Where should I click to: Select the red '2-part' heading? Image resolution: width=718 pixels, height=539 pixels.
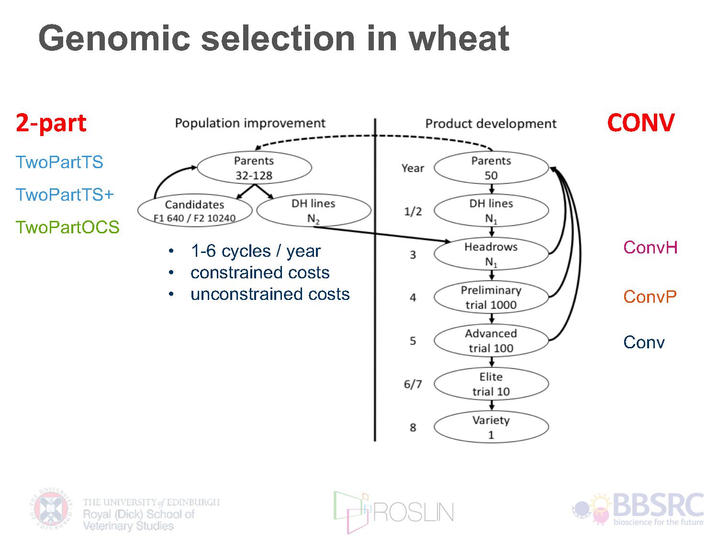(51, 123)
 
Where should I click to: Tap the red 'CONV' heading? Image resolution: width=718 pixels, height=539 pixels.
(641, 123)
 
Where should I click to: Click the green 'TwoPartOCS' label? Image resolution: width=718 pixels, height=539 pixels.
(67, 227)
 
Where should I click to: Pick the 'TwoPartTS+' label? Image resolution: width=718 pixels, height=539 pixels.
(65, 195)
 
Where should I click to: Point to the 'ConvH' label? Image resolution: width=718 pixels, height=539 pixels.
(651, 247)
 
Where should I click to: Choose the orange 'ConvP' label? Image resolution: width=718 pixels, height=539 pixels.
(650, 297)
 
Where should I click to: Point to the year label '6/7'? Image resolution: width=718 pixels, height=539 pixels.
(413, 384)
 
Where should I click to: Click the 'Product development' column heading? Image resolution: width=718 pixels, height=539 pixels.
(491, 124)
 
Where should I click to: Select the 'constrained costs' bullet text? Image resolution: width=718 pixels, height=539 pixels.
(260, 273)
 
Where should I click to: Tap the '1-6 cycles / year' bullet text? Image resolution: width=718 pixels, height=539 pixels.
(256, 252)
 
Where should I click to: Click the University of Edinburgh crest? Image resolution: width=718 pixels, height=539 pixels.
(51, 509)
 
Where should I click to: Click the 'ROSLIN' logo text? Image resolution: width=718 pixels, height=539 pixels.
(414, 513)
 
